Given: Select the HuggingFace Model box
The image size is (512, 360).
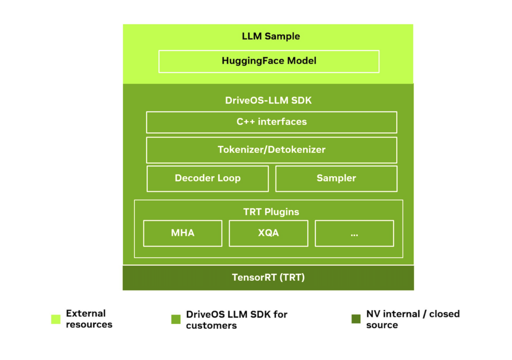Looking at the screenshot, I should (x=268, y=61).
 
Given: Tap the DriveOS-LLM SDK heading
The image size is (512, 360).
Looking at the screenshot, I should (x=268, y=100).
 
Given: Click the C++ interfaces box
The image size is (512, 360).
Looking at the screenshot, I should (x=271, y=122).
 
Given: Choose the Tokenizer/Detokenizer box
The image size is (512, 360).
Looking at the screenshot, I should (x=271, y=149).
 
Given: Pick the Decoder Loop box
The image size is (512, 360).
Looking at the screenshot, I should (x=207, y=178).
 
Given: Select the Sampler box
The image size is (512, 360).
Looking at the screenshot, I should (x=336, y=178).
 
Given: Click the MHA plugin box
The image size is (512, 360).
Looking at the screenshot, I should (x=182, y=233).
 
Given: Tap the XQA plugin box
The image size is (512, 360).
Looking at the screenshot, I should (x=268, y=233).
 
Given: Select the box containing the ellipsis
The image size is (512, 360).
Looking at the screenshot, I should (x=354, y=233).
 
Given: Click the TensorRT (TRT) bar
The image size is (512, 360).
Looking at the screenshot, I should (x=268, y=277).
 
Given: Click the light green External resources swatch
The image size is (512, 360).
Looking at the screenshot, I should (x=55, y=319).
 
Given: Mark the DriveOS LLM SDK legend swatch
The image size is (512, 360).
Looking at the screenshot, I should (x=175, y=319).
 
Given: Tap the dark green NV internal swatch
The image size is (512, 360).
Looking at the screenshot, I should (x=355, y=319).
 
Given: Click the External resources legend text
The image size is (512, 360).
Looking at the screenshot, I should (x=88, y=319).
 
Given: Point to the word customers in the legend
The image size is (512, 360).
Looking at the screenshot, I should (x=211, y=325).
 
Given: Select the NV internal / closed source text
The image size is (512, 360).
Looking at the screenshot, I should (x=412, y=319).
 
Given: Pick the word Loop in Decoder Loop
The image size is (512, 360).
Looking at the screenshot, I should (x=228, y=178).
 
